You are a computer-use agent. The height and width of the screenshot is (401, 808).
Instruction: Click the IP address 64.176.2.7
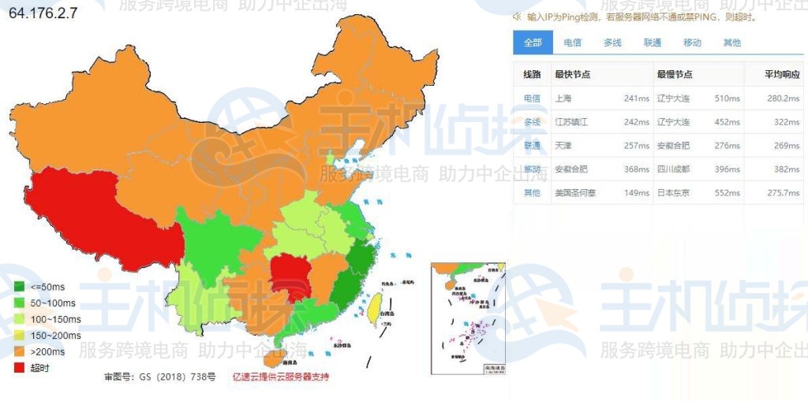(x=43, y=13)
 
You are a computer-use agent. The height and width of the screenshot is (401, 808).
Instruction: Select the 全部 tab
(x=533, y=43)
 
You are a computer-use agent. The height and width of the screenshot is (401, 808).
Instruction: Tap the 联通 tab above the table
(x=653, y=43)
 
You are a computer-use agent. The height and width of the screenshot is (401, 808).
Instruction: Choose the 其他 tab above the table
(x=732, y=43)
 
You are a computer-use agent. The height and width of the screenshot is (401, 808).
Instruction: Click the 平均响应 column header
(x=781, y=74)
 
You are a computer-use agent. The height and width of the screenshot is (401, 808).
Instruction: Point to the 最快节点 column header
(x=573, y=74)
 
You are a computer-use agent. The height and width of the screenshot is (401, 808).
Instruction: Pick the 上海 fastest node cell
(x=563, y=98)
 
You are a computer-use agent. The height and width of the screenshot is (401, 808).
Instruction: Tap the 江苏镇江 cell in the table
(x=571, y=122)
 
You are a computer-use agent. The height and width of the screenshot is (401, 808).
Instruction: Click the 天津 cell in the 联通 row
(x=563, y=146)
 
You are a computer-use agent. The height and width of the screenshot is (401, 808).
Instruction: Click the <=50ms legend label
(x=50, y=287)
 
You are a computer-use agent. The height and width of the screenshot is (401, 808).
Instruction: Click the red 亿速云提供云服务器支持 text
(x=281, y=377)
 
